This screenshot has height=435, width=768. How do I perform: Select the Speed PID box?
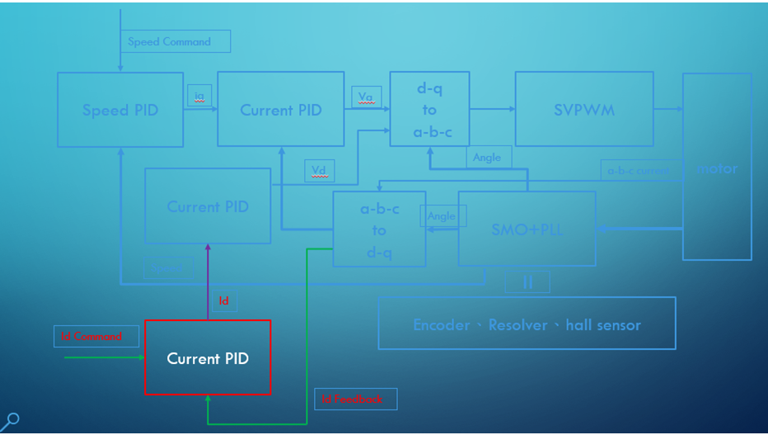120,110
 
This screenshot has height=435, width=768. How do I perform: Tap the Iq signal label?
199,97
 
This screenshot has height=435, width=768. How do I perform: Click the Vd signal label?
319,171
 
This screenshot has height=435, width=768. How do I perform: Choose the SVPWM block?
584,110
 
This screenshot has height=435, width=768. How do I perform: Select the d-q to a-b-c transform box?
429,110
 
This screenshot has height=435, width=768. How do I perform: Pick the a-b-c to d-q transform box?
379,229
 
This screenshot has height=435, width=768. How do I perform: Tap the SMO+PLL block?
527,229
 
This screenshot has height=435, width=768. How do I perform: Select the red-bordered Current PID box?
208,358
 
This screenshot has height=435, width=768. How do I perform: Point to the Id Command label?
92,336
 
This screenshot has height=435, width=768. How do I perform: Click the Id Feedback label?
355,399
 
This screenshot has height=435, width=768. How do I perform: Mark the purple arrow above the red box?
208,281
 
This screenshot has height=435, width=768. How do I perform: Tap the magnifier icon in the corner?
12,420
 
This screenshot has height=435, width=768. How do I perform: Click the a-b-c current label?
640,171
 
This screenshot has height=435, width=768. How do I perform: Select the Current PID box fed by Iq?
281,110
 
